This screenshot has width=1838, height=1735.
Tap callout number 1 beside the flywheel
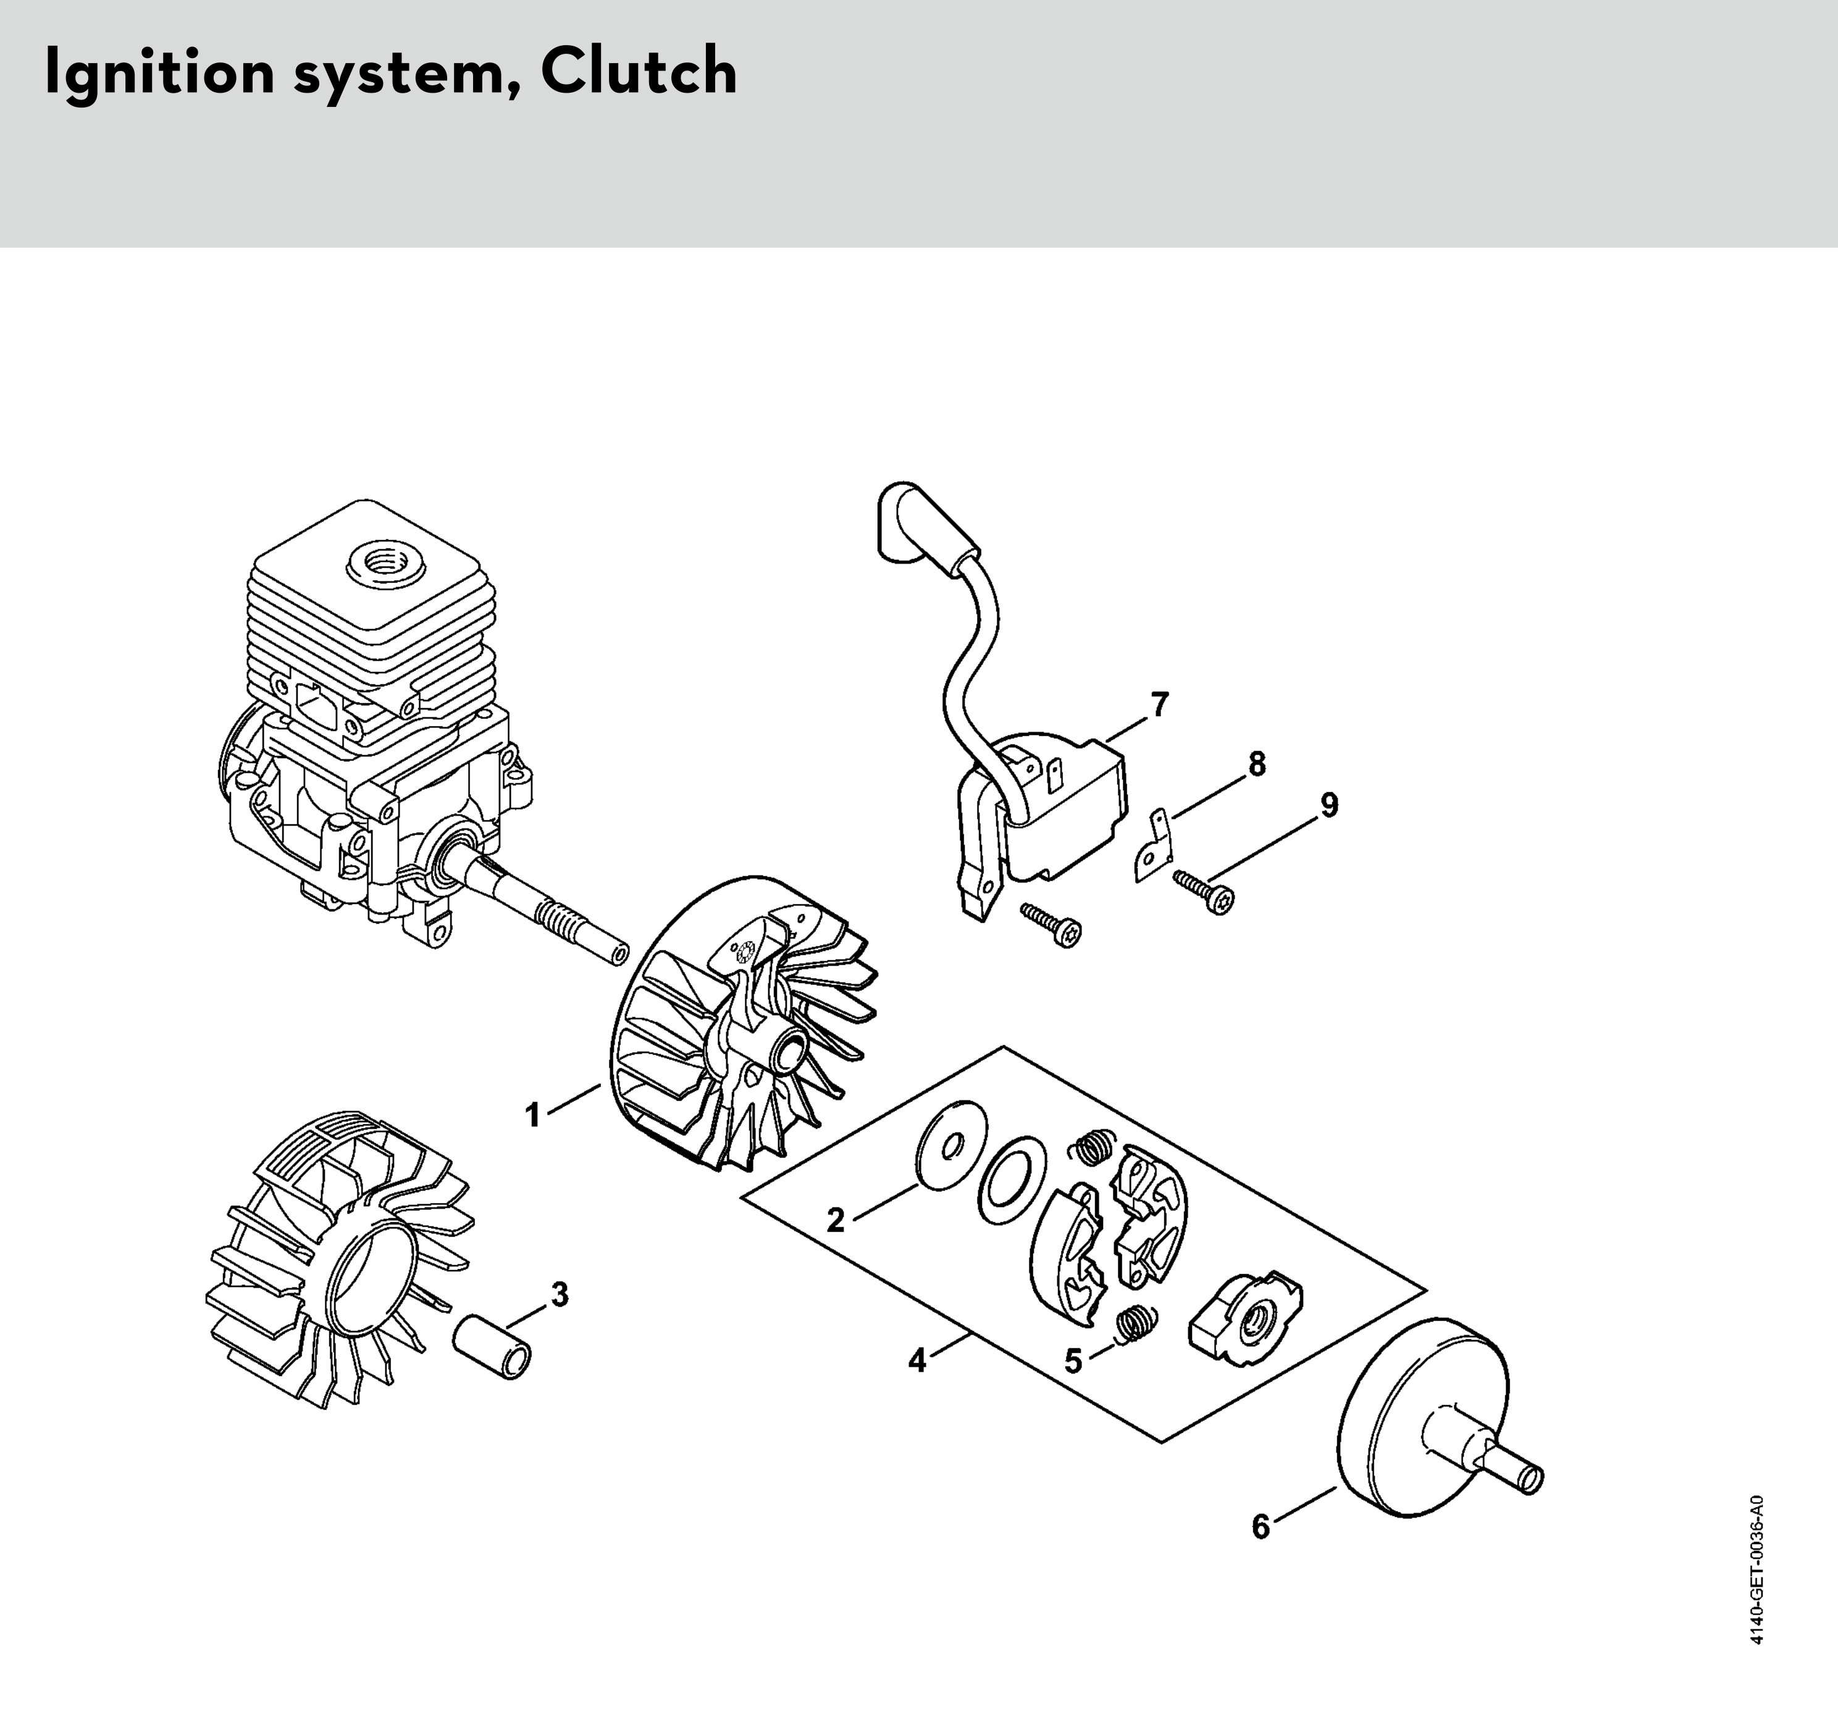click(532, 1115)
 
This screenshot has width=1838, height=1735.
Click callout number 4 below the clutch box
click(917, 1361)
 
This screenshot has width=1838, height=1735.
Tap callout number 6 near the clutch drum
click(1261, 1526)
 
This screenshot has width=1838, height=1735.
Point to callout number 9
click(1328, 806)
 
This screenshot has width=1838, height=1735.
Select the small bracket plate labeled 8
click(1153, 845)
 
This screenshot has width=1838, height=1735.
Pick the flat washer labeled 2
click(950, 1145)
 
